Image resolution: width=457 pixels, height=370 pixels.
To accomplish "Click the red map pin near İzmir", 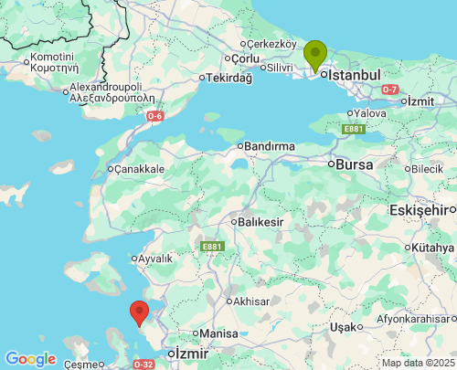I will click(139, 312).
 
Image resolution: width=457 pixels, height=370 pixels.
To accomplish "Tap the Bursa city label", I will click(355, 165).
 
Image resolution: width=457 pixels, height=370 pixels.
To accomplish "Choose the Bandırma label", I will click(269, 146).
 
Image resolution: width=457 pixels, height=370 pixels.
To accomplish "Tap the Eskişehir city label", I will click(423, 211).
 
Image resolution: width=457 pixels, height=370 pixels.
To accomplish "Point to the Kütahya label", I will click(432, 248).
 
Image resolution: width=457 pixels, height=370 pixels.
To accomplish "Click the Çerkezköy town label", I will click(272, 44).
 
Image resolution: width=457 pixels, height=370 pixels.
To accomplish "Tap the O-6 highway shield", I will click(155, 116).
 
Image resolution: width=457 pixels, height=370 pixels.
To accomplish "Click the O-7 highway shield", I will click(390, 89).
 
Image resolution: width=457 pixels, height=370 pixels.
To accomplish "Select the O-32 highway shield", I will click(143, 365).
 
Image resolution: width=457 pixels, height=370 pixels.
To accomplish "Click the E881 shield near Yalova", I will click(354, 130).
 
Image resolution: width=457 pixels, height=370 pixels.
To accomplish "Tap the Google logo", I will click(30, 359).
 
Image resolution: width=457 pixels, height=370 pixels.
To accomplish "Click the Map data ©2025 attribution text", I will click(417, 363).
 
